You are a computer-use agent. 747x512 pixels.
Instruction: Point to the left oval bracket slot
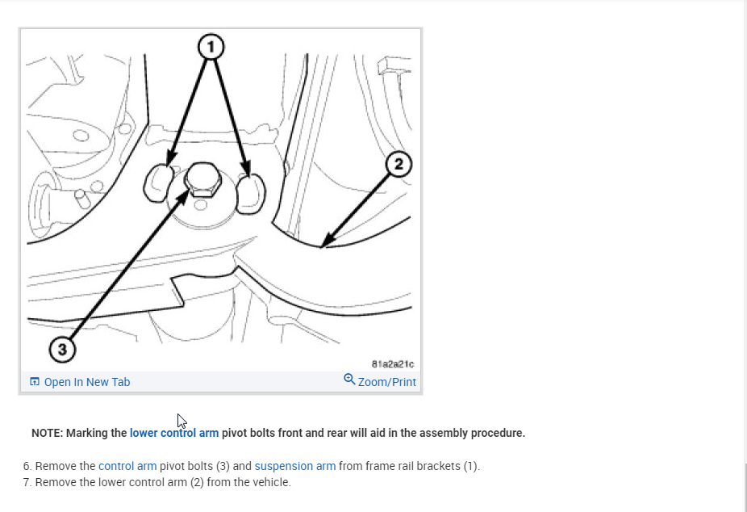pos(159,183)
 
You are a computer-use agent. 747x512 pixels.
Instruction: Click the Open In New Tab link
pos(87,382)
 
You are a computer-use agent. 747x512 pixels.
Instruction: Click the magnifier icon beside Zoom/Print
pos(349,379)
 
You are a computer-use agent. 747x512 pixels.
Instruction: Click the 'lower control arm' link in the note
pos(174,433)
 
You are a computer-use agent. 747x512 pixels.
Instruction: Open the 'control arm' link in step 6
pos(127,466)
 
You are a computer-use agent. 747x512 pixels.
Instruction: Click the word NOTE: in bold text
pos(47,433)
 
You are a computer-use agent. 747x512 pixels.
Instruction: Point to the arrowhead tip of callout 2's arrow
pos(322,246)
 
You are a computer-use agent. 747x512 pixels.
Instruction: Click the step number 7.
pos(27,482)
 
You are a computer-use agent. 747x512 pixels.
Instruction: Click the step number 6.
pos(27,466)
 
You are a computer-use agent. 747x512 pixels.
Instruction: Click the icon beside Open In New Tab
pos(35,382)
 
